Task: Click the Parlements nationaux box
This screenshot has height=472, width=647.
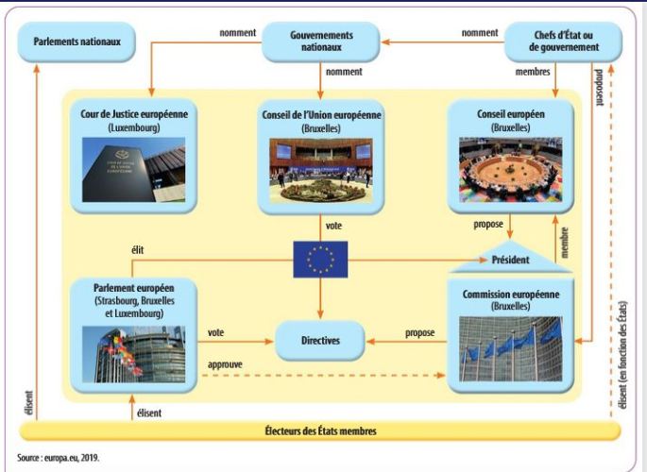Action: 74,43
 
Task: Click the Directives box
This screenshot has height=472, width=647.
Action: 320,338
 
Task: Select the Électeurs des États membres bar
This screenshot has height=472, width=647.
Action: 320,431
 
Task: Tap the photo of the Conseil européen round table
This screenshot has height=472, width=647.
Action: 510,170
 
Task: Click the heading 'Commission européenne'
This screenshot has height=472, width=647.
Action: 511,295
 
